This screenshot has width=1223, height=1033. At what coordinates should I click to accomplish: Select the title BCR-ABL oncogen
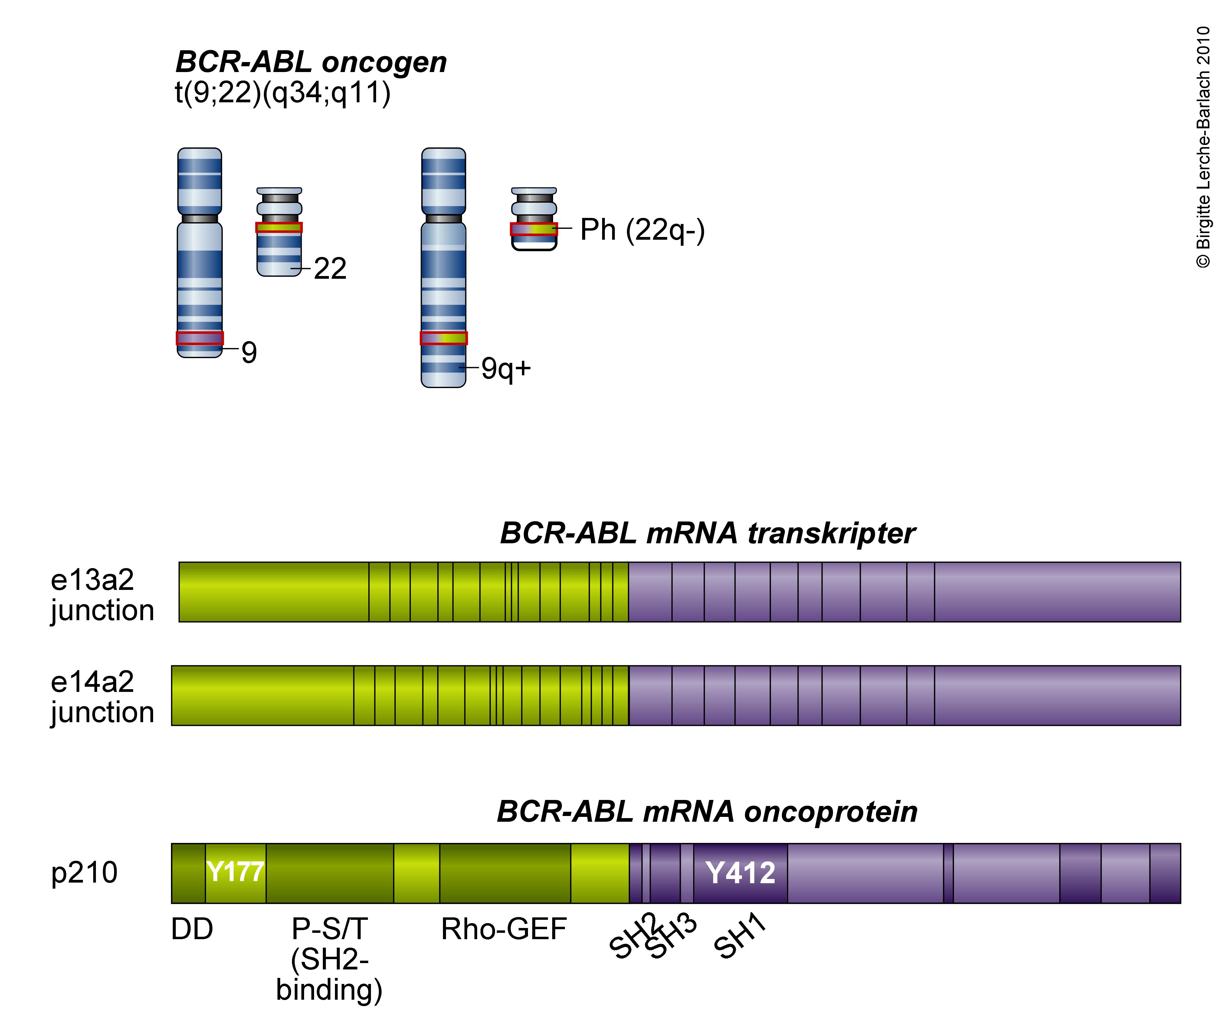[311, 62]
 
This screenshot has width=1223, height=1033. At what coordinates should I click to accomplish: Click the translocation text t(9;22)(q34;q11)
[283, 93]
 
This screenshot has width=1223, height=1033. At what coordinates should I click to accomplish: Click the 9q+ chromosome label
[506, 368]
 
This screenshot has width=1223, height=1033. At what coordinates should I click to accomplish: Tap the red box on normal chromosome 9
[200, 338]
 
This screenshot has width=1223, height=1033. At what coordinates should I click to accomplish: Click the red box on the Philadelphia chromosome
[533, 229]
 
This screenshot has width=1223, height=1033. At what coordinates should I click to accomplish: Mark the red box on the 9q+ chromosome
[444, 338]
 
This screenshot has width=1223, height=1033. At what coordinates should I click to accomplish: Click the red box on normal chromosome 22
[279, 227]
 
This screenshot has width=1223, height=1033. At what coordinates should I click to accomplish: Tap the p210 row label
[84, 873]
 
